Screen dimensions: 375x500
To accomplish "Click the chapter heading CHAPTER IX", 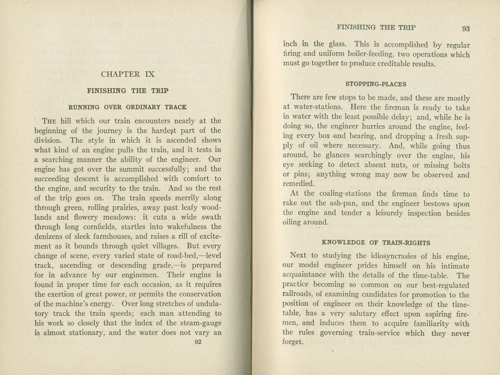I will click(x=128, y=74).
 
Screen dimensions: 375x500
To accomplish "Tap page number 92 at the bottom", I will click(x=197, y=342).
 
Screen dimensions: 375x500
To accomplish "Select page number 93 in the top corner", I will click(x=466, y=29).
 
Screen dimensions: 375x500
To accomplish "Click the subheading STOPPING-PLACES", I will click(x=376, y=84).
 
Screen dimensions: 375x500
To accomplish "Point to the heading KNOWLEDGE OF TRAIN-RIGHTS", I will click(x=376, y=242).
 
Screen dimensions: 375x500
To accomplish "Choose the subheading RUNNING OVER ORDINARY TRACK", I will click(x=127, y=107).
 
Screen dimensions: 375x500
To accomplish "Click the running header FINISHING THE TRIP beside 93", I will click(x=376, y=27).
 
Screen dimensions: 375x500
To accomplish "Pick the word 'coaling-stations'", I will click(x=345, y=194).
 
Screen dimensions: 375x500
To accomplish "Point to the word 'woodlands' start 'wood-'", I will click(x=211, y=207).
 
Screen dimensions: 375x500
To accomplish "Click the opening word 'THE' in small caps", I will click(x=49, y=121).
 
